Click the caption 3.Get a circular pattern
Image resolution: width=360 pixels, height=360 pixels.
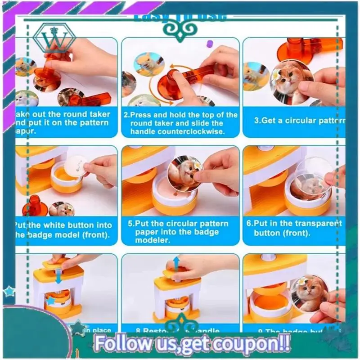pos(300,121)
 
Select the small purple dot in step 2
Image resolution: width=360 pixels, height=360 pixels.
pos(209,44)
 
